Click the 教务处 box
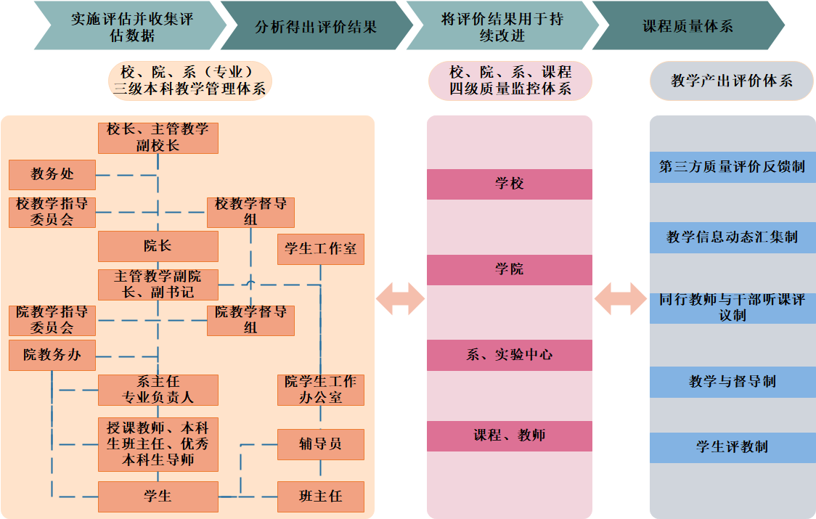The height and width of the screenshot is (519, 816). (52, 175)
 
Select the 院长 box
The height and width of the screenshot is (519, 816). (158, 246)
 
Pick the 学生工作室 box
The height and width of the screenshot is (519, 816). (320, 249)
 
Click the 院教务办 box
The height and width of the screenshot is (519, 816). (52, 356)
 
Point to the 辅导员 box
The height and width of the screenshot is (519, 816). (320, 444)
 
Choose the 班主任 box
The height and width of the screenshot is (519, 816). (320, 496)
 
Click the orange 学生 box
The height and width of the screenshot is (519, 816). (158, 496)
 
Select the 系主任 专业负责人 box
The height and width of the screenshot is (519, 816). (158, 390)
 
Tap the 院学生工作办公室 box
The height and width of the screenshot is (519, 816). (320, 390)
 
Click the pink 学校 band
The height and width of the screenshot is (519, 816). (509, 184)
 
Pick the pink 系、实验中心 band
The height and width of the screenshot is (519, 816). (509, 355)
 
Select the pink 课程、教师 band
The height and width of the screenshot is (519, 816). (509, 436)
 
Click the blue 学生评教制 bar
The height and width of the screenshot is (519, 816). (732, 447)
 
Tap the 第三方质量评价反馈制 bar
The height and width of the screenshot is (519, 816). (732, 167)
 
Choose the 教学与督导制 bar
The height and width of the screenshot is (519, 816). (732, 382)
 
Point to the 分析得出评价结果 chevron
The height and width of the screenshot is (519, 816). (316, 26)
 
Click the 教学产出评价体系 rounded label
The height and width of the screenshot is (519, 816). (732, 81)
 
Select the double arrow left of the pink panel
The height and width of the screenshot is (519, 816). (400, 298)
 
